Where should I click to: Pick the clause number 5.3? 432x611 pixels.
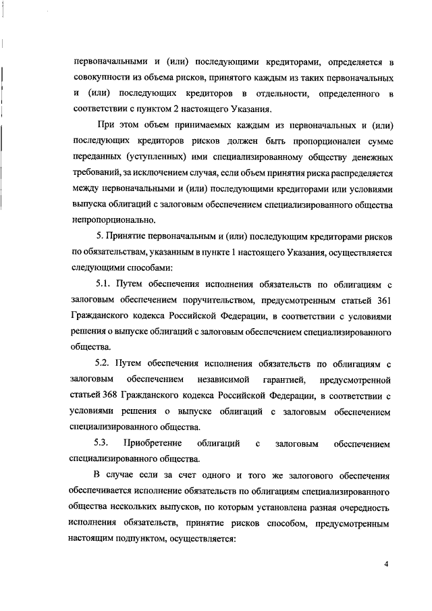click(x=102, y=444)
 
